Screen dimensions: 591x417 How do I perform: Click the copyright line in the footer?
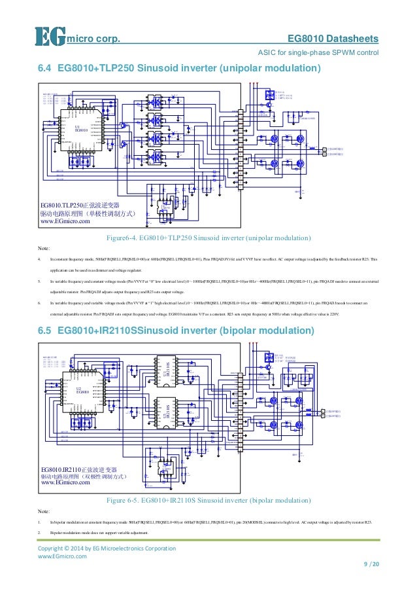click(107, 548)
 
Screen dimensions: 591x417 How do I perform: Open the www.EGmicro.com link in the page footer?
click(62, 556)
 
